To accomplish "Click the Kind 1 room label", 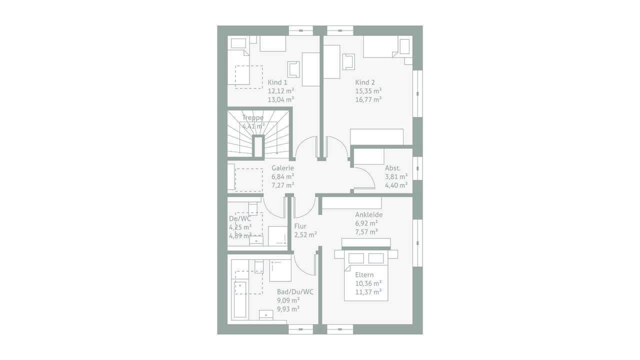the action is [x=277, y=82].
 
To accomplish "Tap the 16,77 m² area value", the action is [x=368, y=99].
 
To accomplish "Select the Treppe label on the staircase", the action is [x=253, y=117].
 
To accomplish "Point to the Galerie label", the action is [x=282, y=168].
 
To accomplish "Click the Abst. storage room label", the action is [x=392, y=168].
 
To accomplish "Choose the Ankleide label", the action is [x=369, y=214].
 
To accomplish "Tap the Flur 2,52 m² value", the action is [x=305, y=235].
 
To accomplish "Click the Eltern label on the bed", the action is [x=364, y=275].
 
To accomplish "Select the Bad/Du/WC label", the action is [x=295, y=292].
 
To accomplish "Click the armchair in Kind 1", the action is [x=293, y=69].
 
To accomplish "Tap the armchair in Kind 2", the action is [x=348, y=61].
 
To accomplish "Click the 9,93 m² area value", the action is [x=288, y=309].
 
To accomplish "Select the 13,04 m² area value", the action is [x=281, y=99].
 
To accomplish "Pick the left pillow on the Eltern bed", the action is [x=356, y=258].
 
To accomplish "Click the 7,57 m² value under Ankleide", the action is [x=366, y=232].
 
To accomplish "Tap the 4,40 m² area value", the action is [x=396, y=185].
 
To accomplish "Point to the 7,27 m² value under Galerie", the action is [x=282, y=185].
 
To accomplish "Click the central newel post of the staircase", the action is [x=258, y=146].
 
